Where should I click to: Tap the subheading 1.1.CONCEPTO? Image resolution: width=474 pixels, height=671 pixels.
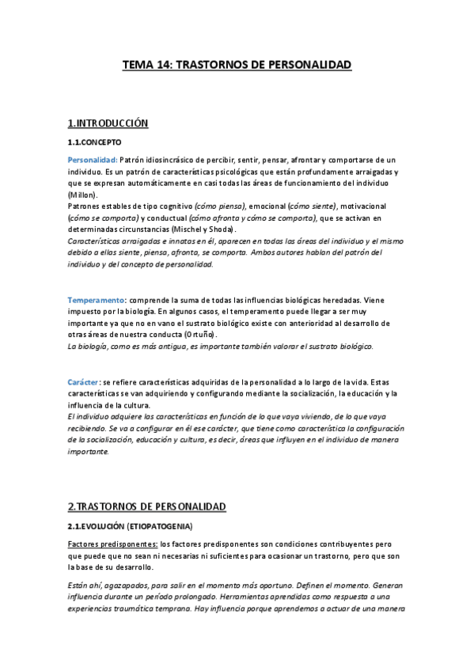pyautogui.click(x=94, y=143)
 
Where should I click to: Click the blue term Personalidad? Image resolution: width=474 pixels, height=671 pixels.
pyautogui.click(x=92, y=160)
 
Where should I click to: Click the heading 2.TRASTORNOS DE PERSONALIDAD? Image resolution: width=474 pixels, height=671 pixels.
pyautogui.click(x=147, y=506)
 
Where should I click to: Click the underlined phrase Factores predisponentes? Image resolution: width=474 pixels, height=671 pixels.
pyautogui.click(x=112, y=544)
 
